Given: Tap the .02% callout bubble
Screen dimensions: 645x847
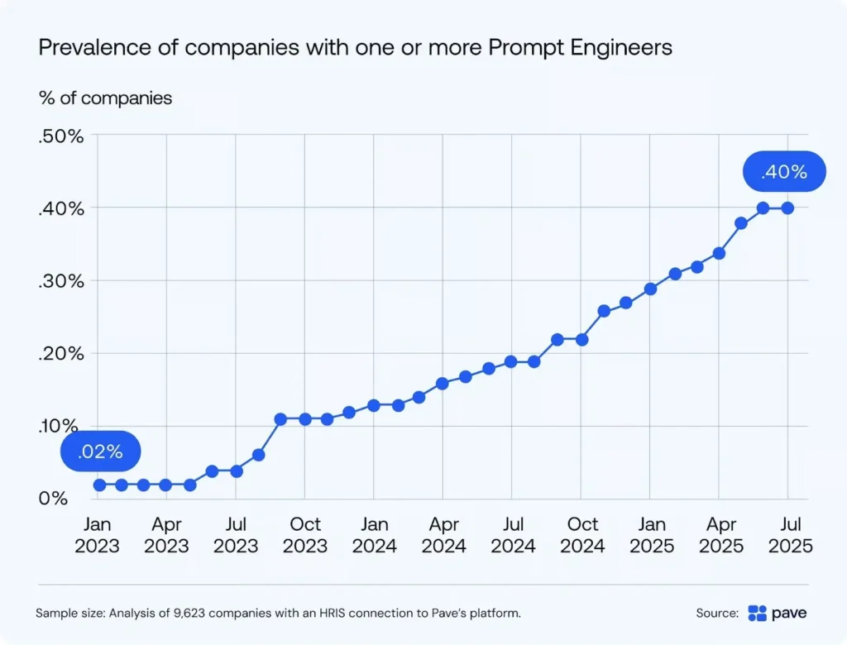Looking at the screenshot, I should (100, 451).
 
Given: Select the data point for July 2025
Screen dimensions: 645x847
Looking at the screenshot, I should (787, 208).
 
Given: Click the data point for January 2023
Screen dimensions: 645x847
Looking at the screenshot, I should (99, 485).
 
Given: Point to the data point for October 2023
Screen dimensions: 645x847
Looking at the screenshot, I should (305, 419).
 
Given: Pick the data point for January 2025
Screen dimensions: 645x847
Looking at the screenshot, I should (650, 289).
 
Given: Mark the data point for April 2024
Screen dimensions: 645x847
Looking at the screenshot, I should (443, 383).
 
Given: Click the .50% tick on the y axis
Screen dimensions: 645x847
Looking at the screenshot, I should (61, 136).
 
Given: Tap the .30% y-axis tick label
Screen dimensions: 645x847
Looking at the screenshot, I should (61, 281).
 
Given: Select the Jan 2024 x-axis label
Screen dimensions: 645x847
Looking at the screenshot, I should (376, 535).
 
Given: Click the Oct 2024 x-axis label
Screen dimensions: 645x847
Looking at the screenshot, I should (583, 535).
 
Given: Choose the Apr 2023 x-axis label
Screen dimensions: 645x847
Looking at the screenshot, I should (168, 535).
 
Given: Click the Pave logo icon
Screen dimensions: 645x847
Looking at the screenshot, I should (757, 613).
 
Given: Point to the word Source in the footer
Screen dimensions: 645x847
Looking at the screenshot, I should (716, 614).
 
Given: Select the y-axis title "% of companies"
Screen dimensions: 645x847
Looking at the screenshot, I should (106, 98).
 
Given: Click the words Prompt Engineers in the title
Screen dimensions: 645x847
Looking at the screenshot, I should (580, 47).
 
